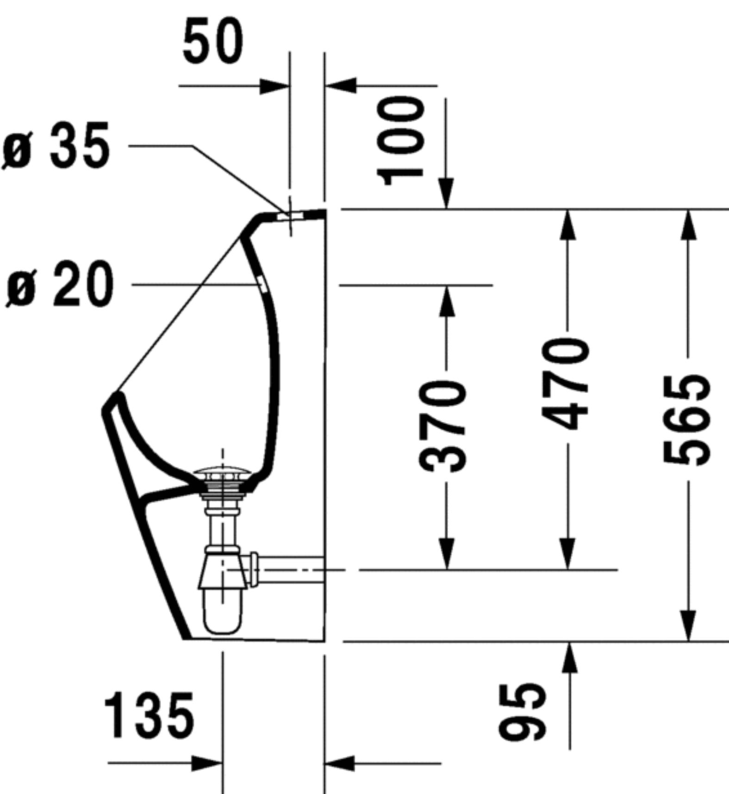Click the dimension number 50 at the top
pyautogui.click(x=212, y=41)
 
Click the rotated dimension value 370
pyautogui.click(x=442, y=426)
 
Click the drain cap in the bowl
pyautogui.click(x=223, y=473)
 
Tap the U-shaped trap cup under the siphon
pyautogui.click(x=223, y=613)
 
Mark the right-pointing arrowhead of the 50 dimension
pyautogui.click(x=275, y=86)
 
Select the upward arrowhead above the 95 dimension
pyautogui.click(x=569, y=657)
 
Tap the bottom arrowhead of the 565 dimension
pyautogui.click(x=688, y=626)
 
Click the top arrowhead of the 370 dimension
pyautogui.click(x=446, y=301)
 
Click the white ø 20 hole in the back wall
pyautogui.click(x=262, y=283)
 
